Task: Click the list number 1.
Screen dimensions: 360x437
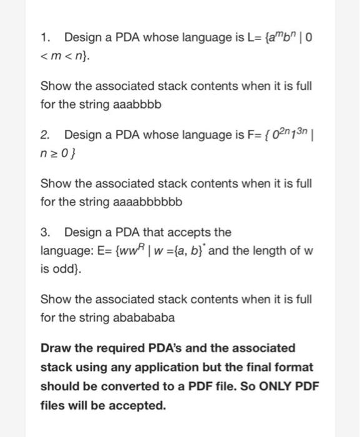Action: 44,37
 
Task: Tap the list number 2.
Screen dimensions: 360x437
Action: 44,134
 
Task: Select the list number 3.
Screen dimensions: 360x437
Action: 44,232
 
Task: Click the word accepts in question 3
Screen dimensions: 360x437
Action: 187,232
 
